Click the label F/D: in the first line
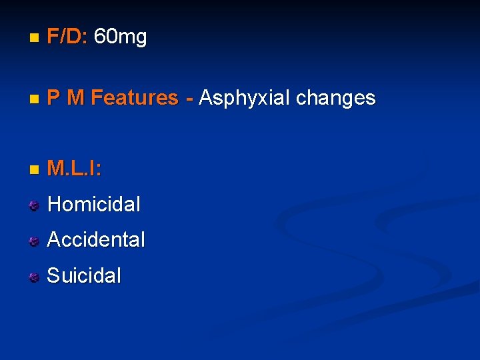coord(68,37)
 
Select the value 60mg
coord(121,37)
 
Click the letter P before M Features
coord(53,98)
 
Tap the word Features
coord(135,98)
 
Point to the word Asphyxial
coord(244,98)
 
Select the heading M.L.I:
coord(75,169)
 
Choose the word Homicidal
coord(94,204)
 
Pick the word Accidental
coord(96,239)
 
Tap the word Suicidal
coord(85,275)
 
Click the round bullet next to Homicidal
coord(34,205)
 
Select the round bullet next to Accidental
coord(34,241)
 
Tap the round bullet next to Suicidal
coord(34,277)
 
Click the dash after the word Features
coord(190,99)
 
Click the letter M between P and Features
coord(76,98)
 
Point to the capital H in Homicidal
coord(54,204)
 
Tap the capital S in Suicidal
coord(53,275)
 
